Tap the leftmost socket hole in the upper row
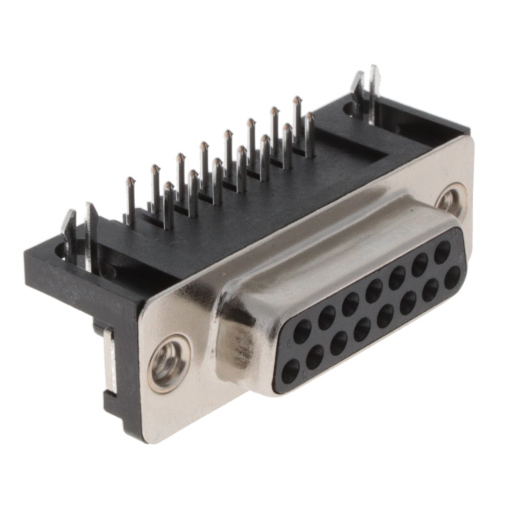click(302, 331)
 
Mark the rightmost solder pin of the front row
click(309, 134)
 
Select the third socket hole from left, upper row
click(350, 304)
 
